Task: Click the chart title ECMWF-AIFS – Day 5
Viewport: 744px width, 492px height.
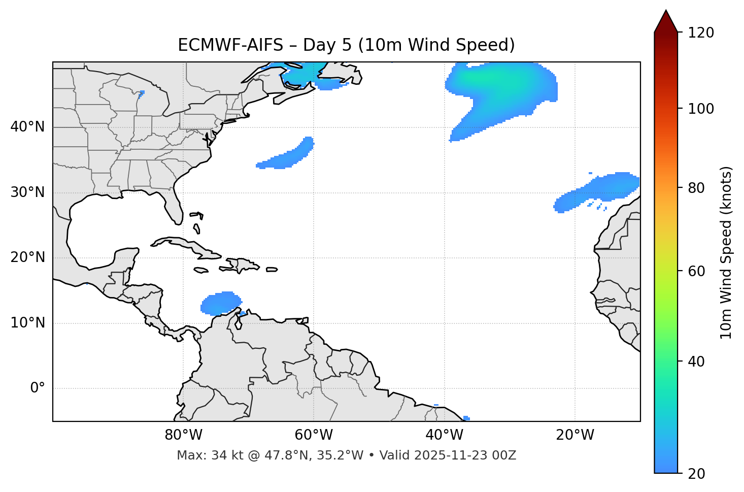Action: [346, 45]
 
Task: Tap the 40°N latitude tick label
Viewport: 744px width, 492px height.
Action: [27, 127]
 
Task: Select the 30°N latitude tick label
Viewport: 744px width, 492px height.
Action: [27, 192]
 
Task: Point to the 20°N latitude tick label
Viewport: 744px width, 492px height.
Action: [27, 258]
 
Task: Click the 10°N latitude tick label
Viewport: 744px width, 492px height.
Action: [27, 323]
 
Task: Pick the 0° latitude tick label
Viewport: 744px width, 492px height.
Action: [38, 388]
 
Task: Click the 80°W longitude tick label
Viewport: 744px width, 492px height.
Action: [183, 435]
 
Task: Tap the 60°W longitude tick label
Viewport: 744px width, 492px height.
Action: [314, 435]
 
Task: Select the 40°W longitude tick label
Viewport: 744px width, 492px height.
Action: [444, 435]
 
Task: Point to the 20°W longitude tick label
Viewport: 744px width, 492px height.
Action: [574, 435]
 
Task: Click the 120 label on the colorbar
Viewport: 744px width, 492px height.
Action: [701, 33]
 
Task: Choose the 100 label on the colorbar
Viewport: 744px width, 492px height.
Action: [701, 109]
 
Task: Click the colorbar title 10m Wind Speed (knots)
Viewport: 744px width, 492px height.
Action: [726, 252]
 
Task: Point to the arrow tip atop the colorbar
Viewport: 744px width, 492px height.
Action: [666, 11]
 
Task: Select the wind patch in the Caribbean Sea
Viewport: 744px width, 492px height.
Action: [220, 303]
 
